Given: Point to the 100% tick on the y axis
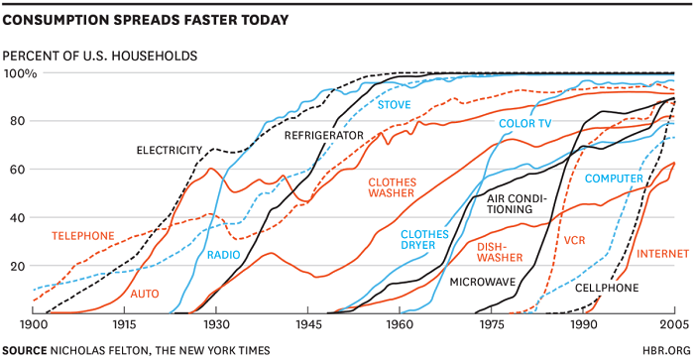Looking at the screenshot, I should [20, 73].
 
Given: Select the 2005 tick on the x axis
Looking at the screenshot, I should [674, 324].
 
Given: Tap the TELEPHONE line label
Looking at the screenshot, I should [83, 235].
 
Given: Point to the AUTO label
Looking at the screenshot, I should [145, 295].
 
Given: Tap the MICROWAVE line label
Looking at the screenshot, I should [485, 283].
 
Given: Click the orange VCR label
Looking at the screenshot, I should [575, 241].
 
